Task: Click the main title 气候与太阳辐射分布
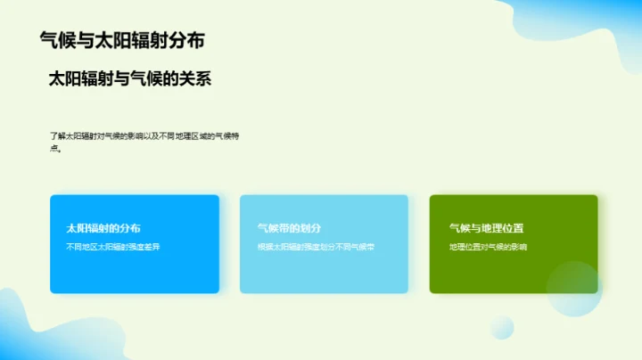click(127, 40)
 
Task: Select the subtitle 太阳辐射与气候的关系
click(129, 79)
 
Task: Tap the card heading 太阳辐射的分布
click(103, 228)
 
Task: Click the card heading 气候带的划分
click(288, 228)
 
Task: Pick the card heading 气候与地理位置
click(486, 228)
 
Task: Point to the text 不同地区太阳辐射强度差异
click(112, 246)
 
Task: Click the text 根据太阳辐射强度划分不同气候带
click(316, 246)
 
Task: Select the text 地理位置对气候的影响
click(489, 246)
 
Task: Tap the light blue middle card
click(324, 267)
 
